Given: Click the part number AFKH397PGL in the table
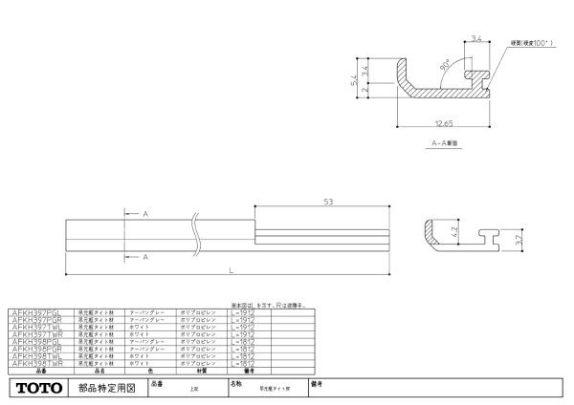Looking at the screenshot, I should (x=32, y=310).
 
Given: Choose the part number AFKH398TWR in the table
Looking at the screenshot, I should (x=32, y=364).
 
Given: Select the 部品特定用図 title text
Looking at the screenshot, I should (x=105, y=388).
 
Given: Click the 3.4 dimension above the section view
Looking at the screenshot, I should (x=478, y=39).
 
